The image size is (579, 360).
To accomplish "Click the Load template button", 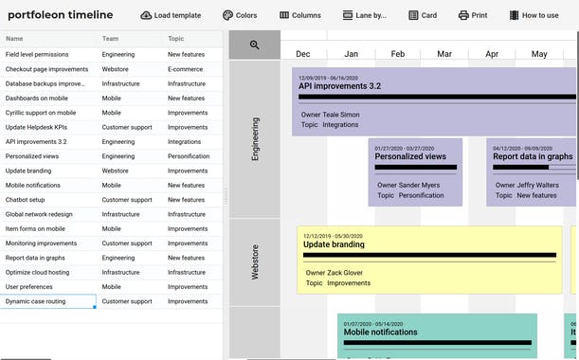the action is point(171,15).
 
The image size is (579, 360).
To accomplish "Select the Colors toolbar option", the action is point(240,15).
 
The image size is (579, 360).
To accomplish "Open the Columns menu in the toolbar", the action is point(300,15).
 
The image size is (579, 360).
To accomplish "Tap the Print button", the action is point(473,15).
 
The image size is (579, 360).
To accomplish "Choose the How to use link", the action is point(534,15).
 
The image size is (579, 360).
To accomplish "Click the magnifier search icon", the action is point(255,45).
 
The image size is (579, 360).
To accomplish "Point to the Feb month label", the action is point(398,54).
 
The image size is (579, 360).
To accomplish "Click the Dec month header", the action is point(303,54).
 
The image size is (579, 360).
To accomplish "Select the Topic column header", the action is point(176,39).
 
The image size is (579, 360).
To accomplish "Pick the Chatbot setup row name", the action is point(26,200).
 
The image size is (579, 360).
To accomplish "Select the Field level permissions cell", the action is point(37,55).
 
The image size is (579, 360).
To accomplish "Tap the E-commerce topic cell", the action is point(186,69).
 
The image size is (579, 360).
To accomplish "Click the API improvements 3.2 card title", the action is point(339,86).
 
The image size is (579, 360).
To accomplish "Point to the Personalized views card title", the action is point(409,156).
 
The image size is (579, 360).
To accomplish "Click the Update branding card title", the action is point(335,243).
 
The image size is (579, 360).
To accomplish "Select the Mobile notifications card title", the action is point(380,333).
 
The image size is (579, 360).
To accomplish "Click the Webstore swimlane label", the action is point(255,261).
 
